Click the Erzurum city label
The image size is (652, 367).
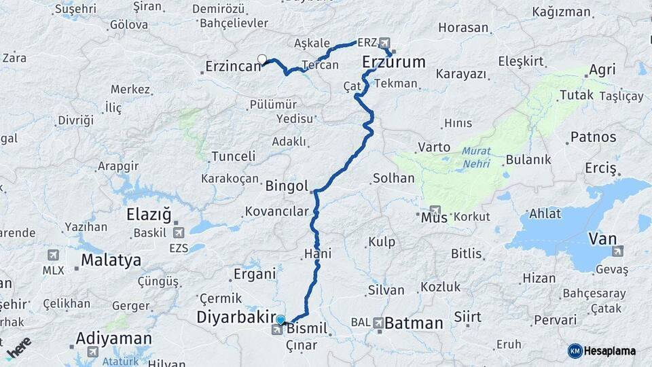coord(394,63)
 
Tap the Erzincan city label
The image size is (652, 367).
coord(233,67)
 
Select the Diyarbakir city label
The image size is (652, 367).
coord(234,317)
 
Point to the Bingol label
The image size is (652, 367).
coord(287,186)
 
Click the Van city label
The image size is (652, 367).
coord(602,239)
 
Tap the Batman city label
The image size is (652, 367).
coord(414,324)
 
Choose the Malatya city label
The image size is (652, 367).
coord(111,260)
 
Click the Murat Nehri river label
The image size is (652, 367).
coord(476,156)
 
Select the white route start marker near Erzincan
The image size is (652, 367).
coord(262,59)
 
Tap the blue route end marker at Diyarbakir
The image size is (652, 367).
coord(280,319)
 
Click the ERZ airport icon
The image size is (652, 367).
coord(385,42)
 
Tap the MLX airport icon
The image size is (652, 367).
coord(53,255)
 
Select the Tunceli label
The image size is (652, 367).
coord(233,156)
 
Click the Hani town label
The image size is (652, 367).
coord(318,254)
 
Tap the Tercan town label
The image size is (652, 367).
coord(320,65)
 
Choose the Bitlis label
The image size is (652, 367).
coord(466,254)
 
